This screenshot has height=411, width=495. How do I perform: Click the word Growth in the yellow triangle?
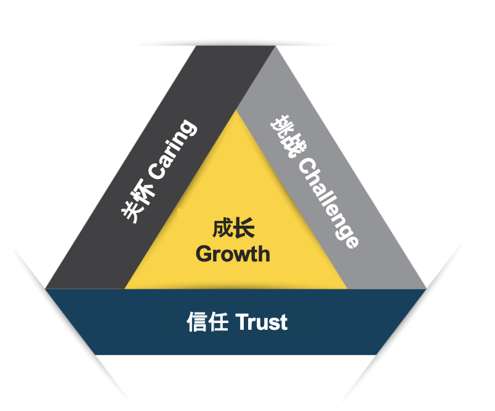233,254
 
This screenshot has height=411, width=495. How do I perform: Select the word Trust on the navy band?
262,322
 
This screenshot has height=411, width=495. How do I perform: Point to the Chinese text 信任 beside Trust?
207,322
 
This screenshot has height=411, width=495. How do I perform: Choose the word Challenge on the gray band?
328,203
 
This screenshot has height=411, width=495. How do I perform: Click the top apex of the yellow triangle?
236,110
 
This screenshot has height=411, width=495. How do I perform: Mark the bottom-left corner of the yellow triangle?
125,289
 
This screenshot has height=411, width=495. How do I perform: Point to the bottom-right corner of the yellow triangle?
347,289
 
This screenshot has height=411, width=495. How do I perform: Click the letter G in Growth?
204,254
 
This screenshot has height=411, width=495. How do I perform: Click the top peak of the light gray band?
275,46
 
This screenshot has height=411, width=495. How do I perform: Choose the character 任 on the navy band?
218,322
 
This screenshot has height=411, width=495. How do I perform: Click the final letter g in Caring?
188,128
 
